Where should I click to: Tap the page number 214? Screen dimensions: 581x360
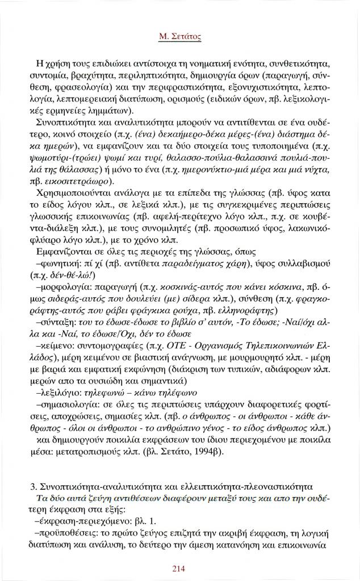tap(179, 568)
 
